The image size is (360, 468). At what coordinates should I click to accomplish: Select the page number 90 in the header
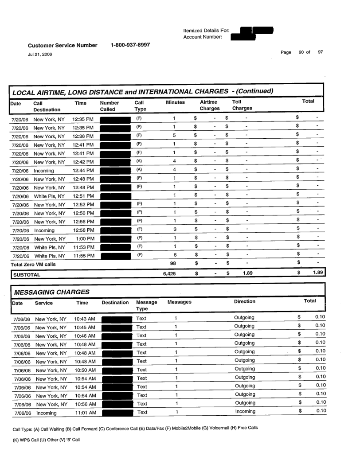click(301, 53)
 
